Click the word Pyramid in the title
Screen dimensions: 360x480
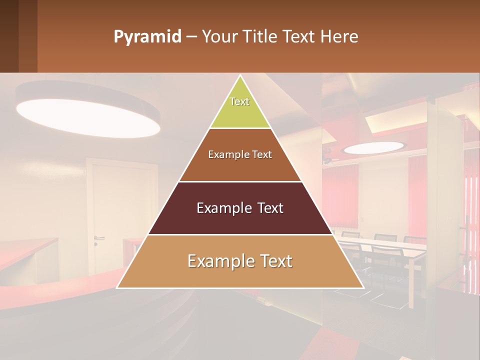coord(147,37)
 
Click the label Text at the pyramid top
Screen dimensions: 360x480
coord(239,101)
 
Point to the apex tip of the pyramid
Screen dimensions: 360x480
coord(240,76)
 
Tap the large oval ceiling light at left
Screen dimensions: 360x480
coord(88,116)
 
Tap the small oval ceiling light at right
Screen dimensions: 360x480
coord(373,147)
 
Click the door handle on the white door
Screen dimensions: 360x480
coord(98,237)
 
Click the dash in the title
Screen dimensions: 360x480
coord(191,37)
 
